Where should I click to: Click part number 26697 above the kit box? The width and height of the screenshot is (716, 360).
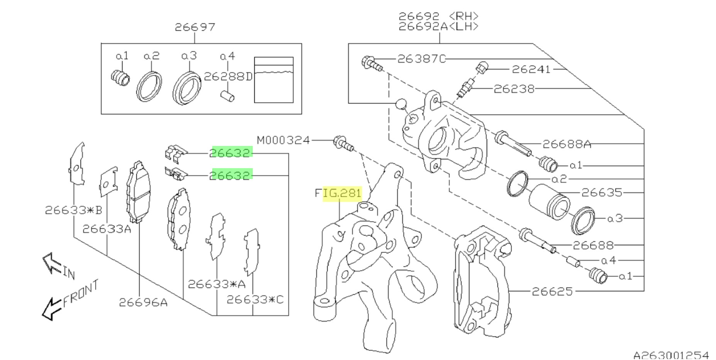[195, 27]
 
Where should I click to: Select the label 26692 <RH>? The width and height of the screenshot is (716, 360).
[438, 16]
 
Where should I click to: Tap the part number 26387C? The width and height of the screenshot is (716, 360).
[421, 59]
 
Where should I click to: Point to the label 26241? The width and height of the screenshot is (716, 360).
[531, 69]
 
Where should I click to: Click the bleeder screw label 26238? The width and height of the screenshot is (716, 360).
[514, 89]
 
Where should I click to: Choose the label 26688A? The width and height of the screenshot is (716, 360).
[567, 144]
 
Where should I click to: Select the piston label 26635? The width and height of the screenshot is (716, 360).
[602, 193]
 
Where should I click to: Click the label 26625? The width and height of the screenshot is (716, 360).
[552, 292]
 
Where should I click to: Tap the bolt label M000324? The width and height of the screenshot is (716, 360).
[283, 140]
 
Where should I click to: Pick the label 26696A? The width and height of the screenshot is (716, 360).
[143, 303]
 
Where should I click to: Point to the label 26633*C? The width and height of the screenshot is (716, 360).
[255, 300]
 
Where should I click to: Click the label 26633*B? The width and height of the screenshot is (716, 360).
[73, 210]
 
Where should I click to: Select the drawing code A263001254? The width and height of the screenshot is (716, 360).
[671, 355]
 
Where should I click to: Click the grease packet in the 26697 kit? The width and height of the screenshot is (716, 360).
[274, 80]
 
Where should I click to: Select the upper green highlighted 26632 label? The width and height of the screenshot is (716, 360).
[230, 153]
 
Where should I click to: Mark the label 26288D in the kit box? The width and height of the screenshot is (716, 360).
[228, 77]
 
